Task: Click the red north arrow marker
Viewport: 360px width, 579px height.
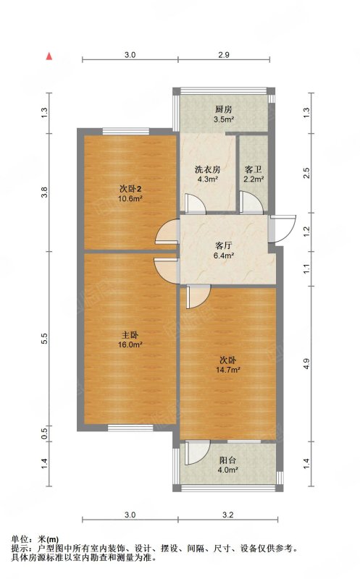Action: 49,56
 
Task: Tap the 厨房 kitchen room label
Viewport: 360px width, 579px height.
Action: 224,110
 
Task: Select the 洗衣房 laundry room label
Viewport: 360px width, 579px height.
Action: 208,169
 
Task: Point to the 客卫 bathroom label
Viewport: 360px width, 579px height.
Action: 254,170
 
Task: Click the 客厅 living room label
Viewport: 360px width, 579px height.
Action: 224,245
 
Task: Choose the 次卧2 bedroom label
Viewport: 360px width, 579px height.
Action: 130,189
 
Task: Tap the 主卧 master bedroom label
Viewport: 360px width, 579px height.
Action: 130,335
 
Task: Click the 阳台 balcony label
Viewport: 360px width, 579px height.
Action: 228,460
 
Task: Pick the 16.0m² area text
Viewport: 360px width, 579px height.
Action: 130,345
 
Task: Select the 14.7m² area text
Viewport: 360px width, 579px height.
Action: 228,370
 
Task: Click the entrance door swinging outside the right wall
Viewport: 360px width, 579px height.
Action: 283,229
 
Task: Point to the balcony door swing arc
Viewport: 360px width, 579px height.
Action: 198,453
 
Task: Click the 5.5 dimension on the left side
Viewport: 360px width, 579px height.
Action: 45,339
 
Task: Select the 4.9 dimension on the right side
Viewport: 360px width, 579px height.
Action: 306,364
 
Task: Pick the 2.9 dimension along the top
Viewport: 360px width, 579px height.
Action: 224,55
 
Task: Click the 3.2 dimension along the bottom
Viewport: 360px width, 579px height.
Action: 228,515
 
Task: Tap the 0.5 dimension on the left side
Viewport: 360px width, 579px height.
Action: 45,433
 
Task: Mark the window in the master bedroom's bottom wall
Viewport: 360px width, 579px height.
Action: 130,428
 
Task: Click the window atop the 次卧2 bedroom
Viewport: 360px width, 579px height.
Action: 126,131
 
